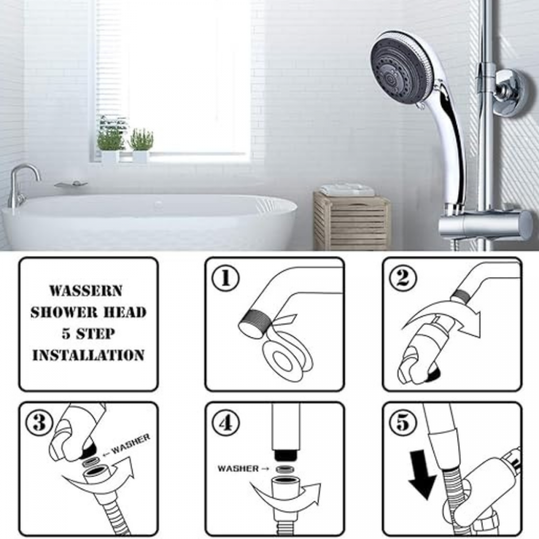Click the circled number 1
[225, 279]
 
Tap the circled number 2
[403, 279]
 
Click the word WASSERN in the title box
[86, 291]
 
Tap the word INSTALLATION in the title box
[88, 355]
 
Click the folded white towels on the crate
[347, 190]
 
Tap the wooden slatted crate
[352, 221]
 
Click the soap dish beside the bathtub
[71, 184]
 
